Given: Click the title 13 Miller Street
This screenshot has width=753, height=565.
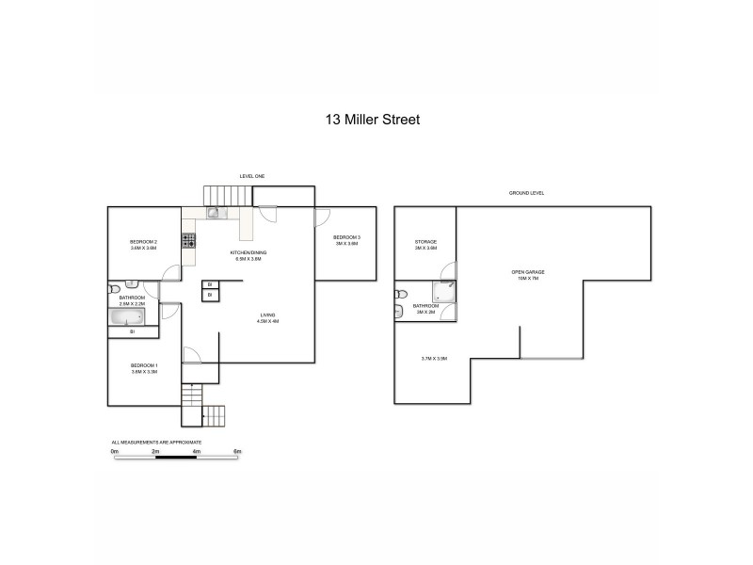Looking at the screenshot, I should (x=372, y=120).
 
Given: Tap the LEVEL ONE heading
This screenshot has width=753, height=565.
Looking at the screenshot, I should (x=252, y=176).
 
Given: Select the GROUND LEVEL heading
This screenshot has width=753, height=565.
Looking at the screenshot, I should (x=527, y=193).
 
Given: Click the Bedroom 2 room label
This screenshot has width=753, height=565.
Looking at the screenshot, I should (x=143, y=242).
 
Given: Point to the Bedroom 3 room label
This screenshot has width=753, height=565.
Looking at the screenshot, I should (x=346, y=236).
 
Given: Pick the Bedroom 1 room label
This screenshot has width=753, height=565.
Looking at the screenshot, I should (x=143, y=364).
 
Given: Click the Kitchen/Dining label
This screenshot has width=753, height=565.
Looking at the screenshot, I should (x=248, y=253).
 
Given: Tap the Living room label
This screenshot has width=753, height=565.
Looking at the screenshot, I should (x=268, y=316).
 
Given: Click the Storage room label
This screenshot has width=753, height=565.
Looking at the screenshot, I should (x=425, y=242).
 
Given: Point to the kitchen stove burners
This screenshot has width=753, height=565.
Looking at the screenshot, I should (x=189, y=241).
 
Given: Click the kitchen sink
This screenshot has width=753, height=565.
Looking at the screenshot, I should (x=214, y=213).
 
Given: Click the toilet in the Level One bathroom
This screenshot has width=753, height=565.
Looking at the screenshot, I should (x=114, y=290).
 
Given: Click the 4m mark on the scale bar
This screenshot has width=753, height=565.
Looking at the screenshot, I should (x=196, y=452).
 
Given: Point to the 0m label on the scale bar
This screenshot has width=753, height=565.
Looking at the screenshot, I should (x=114, y=452).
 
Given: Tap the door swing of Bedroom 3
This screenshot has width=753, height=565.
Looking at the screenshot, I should (x=322, y=215).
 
